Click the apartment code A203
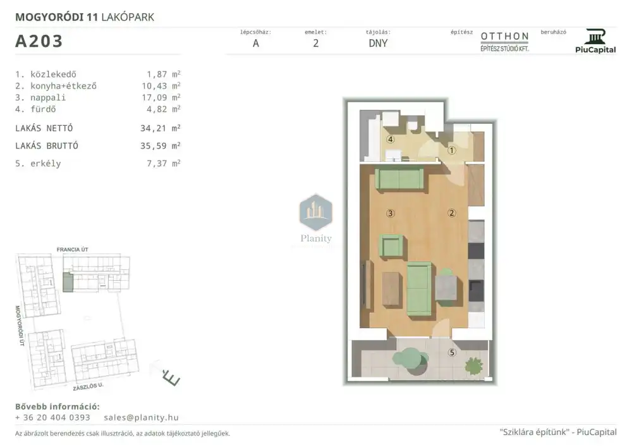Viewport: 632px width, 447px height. point(39,41)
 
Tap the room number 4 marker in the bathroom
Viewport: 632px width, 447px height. point(390,140)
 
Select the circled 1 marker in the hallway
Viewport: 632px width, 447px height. point(451,150)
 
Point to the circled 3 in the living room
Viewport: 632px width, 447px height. point(390,213)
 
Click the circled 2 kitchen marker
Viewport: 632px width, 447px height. point(451,213)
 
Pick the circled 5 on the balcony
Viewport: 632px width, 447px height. point(452,353)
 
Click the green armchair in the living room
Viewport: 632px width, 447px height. point(391,246)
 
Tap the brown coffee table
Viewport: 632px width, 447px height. point(391,290)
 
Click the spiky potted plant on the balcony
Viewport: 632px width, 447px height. point(473,365)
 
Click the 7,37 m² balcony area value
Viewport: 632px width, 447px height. point(163,163)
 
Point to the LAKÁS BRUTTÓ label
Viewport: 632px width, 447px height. point(47,146)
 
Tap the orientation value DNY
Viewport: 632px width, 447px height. point(378,43)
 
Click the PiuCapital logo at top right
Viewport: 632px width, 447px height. point(595,41)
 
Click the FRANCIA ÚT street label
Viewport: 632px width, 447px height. point(73,250)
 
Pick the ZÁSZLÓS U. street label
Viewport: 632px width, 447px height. point(88,386)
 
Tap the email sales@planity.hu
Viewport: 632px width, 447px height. point(141,417)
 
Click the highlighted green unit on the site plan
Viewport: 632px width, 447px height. point(68,282)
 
